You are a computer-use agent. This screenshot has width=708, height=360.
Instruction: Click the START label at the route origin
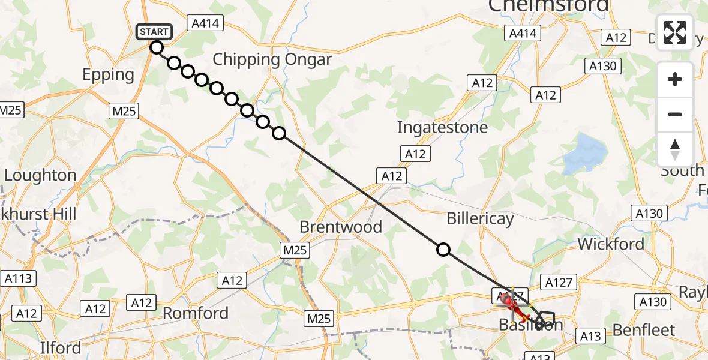(155, 31)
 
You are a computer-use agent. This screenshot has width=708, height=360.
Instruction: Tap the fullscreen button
(675, 32)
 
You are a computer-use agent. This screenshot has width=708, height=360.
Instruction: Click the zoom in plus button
(675, 79)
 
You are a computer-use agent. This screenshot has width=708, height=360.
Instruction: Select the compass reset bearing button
(675, 149)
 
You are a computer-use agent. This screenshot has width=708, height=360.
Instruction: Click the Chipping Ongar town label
(272, 59)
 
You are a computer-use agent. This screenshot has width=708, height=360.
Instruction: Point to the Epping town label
(109, 75)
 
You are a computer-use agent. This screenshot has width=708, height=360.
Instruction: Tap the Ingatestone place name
(442, 127)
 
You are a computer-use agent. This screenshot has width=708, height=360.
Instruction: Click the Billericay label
(480, 219)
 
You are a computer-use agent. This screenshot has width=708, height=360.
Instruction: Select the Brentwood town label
(340, 227)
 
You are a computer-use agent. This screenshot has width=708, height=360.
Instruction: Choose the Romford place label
(196, 313)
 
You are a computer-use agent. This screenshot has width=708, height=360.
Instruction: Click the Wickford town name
(611, 244)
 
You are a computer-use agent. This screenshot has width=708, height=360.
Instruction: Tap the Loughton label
(41, 175)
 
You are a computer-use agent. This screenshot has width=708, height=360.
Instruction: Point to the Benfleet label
(644, 330)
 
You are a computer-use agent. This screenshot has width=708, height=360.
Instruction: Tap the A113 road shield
(19, 278)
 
